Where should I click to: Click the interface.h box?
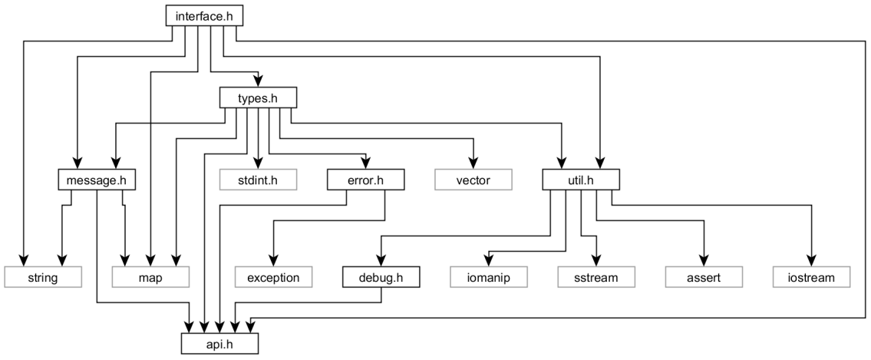point(198,15)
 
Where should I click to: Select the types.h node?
point(258,97)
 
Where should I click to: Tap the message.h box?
point(96,180)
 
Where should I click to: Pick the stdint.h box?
point(258,180)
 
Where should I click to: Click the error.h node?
point(365,180)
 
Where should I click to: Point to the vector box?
point(473,180)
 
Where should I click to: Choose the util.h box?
point(580,180)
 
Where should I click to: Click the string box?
point(42,276)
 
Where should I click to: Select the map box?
point(150,276)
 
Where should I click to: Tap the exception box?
point(273,276)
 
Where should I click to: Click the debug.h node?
point(381,276)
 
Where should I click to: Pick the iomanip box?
point(488,276)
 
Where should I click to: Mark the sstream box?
point(596,276)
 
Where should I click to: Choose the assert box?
point(703,276)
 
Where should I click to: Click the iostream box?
point(810,276)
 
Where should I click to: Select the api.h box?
point(219,342)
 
